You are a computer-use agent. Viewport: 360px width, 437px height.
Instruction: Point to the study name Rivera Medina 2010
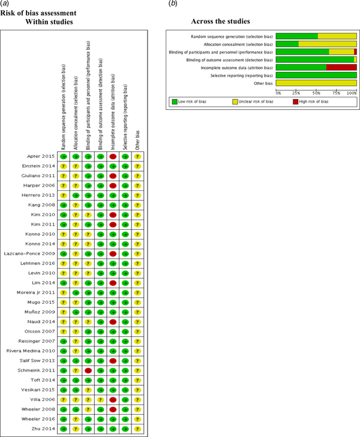[x=31, y=351]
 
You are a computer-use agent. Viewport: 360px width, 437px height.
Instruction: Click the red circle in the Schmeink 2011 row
[x=88, y=370]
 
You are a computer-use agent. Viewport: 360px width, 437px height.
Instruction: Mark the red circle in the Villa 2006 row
[x=113, y=400]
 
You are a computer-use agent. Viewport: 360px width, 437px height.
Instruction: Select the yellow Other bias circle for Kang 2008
[x=137, y=205]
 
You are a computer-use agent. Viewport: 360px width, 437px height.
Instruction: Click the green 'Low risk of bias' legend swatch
[x=175, y=102]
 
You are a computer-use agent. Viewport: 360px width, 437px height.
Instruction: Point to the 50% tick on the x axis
[x=317, y=94]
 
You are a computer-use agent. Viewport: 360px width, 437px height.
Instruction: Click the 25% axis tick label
[x=296, y=94]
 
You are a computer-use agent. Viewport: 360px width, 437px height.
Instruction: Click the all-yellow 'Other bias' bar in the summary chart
[x=316, y=83]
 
